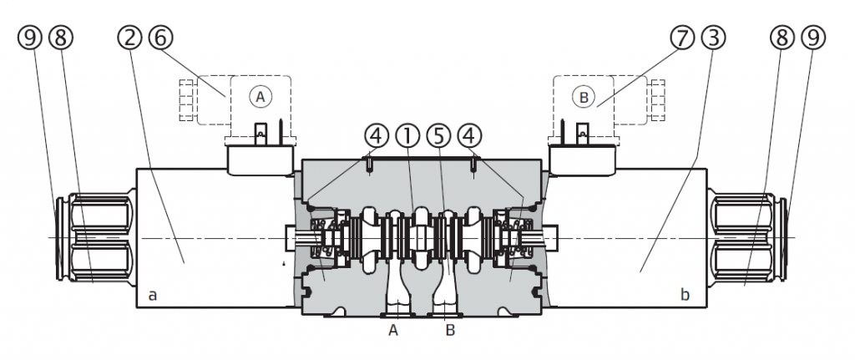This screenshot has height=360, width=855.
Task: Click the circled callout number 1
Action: click(x=407, y=134)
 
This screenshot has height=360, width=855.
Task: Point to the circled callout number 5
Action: click(x=439, y=134)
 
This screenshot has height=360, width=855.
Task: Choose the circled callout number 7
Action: click(x=680, y=38)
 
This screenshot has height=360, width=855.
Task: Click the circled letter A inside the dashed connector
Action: click(x=260, y=97)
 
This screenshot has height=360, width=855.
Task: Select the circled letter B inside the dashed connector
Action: click(x=584, y=98)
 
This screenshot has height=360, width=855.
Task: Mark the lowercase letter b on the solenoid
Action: click(x=685, y=295)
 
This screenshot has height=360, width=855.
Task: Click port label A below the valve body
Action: click(x=392, y=331)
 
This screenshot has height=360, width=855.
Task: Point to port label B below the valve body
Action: click(x=449, y=331)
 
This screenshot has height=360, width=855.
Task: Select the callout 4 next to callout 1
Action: click(x=377, y=134)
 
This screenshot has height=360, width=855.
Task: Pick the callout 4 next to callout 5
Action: click(x=470, y=134)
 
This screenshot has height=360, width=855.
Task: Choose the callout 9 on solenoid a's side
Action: click(x=28, y=38)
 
